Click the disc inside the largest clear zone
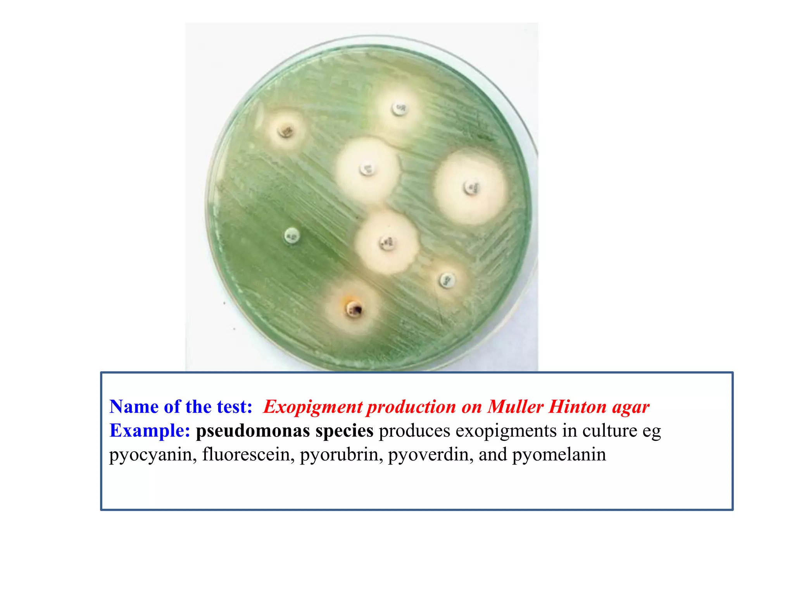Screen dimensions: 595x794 click(x=471, y=188)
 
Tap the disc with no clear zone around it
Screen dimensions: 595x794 click(x=292, y=236)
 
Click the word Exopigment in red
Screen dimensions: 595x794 click(x=312, y=407)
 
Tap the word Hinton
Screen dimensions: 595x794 click(x=577, y=407)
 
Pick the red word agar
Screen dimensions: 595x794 click(x=631, y=407)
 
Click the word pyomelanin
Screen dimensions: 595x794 click(x=559, y=454)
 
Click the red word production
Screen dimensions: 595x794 click(x=411, y=407)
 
